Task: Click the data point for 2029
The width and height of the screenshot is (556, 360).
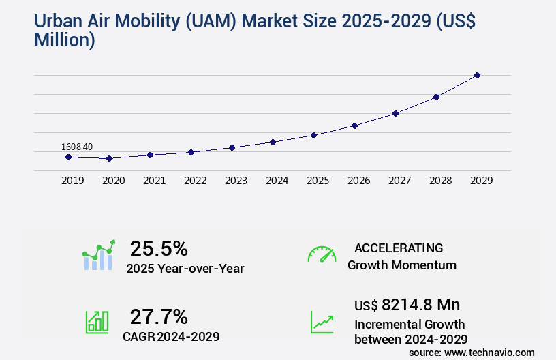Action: click(477, 75)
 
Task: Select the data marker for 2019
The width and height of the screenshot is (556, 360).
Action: click(68, 157)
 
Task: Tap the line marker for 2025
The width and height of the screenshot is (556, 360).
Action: click(313, 135)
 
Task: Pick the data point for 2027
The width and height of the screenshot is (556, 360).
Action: click(395, 113)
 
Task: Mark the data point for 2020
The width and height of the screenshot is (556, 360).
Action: click(109, 158)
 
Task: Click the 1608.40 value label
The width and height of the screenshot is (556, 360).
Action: click(77, 147)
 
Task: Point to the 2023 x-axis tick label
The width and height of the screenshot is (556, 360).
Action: click(236, 181)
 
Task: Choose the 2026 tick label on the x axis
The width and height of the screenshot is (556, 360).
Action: click(358, 181)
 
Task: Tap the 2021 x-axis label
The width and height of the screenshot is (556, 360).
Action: click(154, 181)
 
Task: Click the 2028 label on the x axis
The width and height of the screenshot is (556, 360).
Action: click(440, 181)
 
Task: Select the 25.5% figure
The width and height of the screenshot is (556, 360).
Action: click(159, 248)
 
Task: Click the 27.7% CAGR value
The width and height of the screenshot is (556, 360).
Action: click(159, 316)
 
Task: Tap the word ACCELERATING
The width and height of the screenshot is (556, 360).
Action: click(399, 248)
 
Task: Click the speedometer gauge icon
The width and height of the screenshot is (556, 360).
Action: click(322, 254)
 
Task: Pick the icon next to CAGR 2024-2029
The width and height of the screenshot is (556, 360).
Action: click(97, 322)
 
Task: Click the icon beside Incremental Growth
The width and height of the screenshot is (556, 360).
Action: click(322, 322)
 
